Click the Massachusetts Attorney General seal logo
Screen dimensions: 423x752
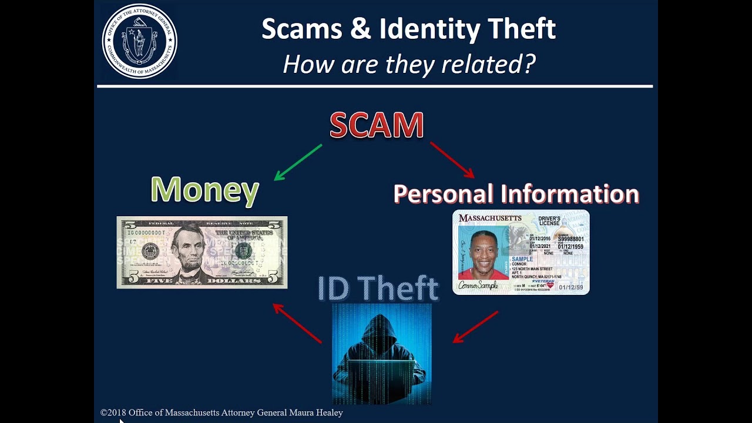[139, 42]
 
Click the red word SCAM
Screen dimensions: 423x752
[377, 125]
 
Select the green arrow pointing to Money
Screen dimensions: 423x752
[298, 162]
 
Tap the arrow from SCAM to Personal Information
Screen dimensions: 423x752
[452, 159]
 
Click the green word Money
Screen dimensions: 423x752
[204, 190]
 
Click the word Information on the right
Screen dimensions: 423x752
[569, 194]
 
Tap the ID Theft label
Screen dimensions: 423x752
[378, 288]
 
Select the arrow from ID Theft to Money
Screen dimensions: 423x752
[297, 323]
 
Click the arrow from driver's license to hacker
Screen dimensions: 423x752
[475, 327]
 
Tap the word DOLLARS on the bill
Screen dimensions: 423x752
[235, 281]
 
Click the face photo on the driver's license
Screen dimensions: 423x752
[482, 254]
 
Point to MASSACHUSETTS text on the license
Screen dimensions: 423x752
[490, 218]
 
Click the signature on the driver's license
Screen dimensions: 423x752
[478, 286]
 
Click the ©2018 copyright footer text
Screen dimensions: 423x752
[221, 412]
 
